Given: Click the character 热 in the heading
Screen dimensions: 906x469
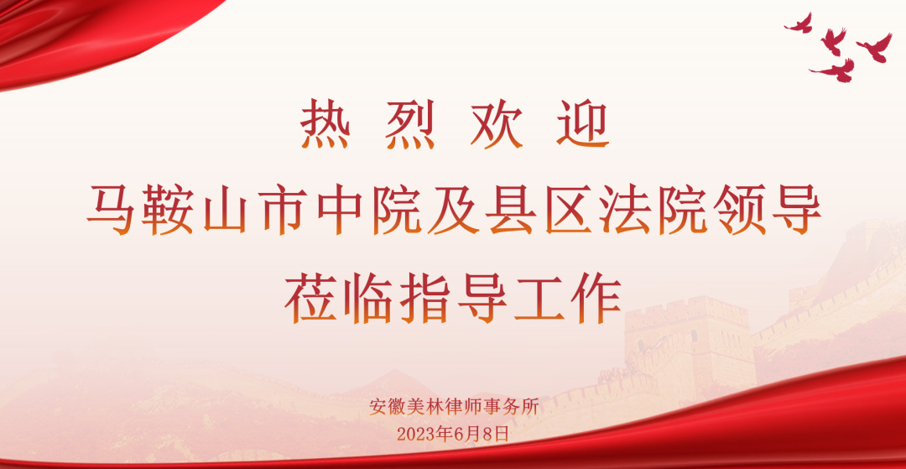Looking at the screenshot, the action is click(325, 124).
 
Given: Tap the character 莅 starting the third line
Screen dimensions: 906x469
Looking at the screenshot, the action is click(311, 297).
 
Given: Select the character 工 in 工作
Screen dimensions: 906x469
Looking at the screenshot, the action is click(539, 297).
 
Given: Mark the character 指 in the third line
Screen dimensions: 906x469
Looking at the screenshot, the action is click(424, 297).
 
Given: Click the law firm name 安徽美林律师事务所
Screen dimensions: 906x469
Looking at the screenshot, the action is click(454, 408).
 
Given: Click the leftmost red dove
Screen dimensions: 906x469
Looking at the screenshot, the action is click(799, 23).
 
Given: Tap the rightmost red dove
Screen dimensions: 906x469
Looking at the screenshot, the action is click(874, 47).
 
